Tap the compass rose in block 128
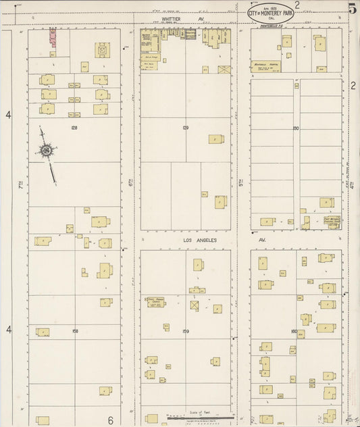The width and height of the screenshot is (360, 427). pyautogui.click(x=47, y=151)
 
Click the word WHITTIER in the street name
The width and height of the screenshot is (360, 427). pyautogui.click(x=170, y=20)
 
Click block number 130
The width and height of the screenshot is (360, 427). pyautogui.click(x=295, y=127)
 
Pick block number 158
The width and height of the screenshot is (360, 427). pyautogui.click(x=74, y=331)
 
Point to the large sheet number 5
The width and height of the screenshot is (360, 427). pyautogui.click(x=353, y=9)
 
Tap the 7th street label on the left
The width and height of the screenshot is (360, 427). pyautogui.click(x=21, y=183)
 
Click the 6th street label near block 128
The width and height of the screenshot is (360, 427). pyautogui.click(x=130, y=183)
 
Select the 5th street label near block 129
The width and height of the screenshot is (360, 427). pyautogui.click(x=241, y=183)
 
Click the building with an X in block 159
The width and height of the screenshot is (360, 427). pyautogui.click(x=197, y=305)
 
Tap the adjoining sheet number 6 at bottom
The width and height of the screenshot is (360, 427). pyautogui.click(x=110, y=420)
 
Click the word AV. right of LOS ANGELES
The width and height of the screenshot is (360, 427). pyautogui.click(x=264, y=240)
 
